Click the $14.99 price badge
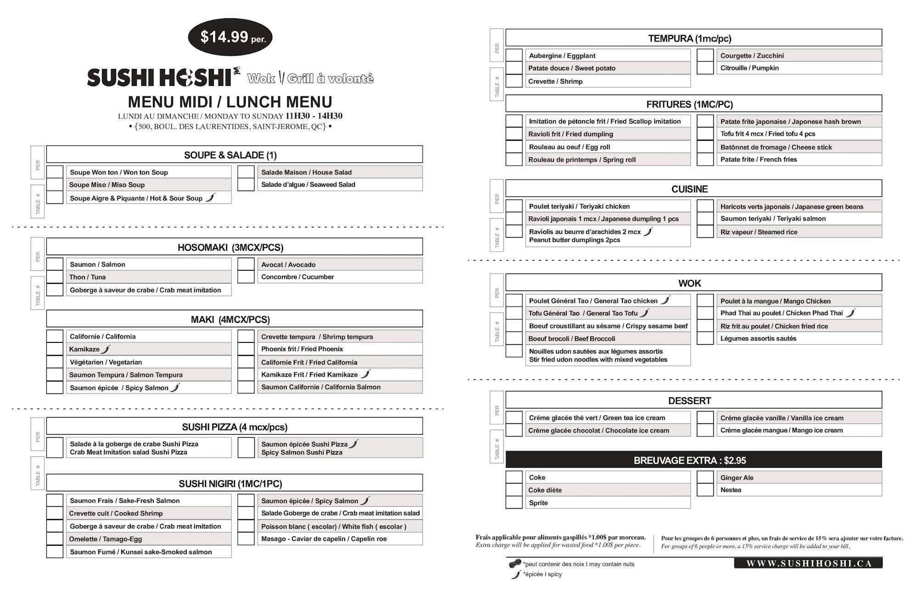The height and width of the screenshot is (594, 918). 230,37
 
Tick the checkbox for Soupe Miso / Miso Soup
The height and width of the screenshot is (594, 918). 55,185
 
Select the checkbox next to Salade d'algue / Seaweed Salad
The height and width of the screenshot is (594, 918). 246,185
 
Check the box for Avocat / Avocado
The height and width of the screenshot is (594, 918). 246,264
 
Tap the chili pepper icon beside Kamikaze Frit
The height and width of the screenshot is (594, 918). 365,374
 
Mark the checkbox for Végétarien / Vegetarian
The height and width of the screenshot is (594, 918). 55,362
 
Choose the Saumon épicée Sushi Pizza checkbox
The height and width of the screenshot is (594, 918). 246,448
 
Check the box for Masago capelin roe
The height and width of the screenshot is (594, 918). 246,538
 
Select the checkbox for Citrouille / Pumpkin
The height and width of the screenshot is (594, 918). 705,68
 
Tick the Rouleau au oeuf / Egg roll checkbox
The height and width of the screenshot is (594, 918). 514,147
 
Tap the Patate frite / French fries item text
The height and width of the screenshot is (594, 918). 758,159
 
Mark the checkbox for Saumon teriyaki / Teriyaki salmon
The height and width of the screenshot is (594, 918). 705,219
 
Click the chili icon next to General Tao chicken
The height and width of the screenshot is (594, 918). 666,300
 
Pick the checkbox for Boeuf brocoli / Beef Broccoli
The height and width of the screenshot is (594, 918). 514,338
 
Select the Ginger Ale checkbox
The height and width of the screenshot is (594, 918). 705,477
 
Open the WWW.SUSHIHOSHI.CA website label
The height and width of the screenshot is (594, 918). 808,563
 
